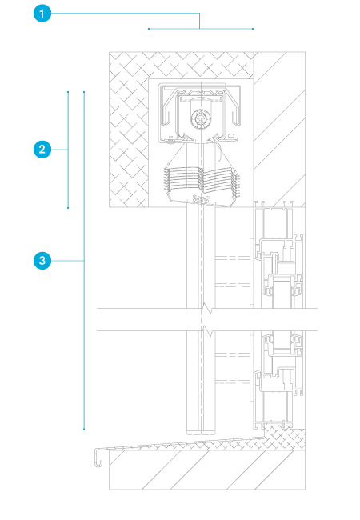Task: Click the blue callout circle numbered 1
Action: pos(42,14)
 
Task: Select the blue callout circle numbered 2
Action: pos(42,150)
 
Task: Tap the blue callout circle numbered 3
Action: pos(42,261)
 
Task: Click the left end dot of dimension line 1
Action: pos(149,29)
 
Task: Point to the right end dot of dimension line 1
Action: pos(253,29)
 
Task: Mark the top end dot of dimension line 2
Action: pos(68,92)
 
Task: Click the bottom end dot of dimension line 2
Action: pos(68,208)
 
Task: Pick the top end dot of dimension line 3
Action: pos(84,92)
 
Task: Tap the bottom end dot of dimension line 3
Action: pos(84,429)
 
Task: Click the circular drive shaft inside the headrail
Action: pos(200,118)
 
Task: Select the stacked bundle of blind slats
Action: pos(202,183)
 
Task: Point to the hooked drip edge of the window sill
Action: pos(98,458)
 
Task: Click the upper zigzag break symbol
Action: pos(207,310)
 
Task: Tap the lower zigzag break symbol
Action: pos(207,331)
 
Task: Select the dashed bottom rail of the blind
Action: pos(201,432)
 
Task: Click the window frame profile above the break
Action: pos(279,254)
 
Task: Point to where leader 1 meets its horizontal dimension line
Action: pos(199,29)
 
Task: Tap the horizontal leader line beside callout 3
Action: pos(68,261)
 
